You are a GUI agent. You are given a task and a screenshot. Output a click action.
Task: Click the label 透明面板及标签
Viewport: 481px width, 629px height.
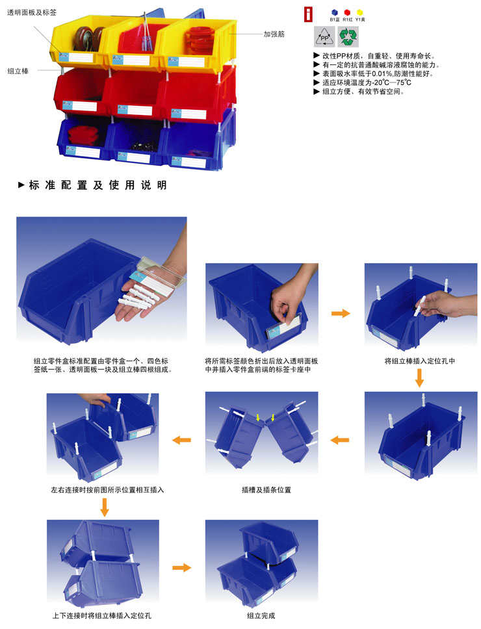[32, 12]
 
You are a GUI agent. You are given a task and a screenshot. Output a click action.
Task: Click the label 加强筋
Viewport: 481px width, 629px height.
[274, 34]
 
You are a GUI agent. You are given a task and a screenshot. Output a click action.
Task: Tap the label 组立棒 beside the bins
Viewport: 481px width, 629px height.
[18, 71]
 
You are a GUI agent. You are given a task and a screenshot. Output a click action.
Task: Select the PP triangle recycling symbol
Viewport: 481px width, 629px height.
[324, 37]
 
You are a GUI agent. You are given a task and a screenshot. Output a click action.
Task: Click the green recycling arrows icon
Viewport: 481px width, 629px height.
[348, 37]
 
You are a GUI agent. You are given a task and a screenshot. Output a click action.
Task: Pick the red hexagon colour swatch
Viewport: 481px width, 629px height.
[347, 12]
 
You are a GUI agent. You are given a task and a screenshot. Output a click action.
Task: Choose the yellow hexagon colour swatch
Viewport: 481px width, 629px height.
[360, 12]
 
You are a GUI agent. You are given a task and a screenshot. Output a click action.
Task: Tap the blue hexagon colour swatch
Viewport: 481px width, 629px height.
[335, 12]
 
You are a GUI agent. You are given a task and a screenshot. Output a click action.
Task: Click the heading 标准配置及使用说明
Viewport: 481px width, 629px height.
[97, 185]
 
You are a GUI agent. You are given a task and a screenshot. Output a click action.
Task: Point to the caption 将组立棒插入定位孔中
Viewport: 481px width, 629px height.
[420, 361]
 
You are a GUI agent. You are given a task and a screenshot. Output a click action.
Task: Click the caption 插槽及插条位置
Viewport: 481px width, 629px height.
[266, 490]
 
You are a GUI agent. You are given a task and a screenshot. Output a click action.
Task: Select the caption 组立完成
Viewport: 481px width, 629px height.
[261, 615]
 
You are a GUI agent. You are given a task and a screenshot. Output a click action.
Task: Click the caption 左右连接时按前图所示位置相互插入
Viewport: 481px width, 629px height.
[107, 490]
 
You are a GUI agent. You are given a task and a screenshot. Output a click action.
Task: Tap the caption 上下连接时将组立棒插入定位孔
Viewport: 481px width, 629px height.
[102, 615]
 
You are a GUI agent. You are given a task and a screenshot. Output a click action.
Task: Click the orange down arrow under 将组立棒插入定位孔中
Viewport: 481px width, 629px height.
[419, 378]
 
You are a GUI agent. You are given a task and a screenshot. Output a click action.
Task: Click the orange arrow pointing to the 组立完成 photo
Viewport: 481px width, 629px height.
[182, 568]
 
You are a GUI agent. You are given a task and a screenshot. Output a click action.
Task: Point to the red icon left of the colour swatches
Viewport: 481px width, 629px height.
[308, 15]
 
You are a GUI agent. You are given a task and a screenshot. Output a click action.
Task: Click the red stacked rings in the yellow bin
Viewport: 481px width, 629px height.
[199, 40]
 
